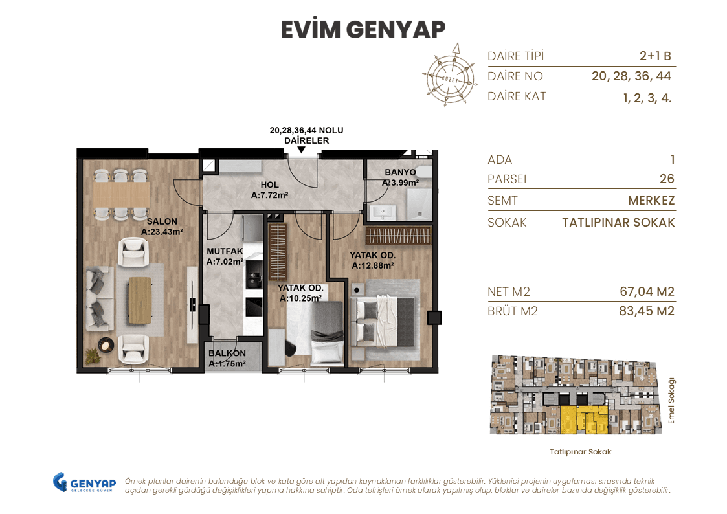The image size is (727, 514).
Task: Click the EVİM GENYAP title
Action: (x=363, y=30)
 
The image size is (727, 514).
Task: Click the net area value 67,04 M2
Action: (x=647, y=291)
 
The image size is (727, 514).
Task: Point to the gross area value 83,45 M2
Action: (x=647, y=311)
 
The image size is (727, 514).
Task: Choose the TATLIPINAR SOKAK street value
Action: (x=618, y=223)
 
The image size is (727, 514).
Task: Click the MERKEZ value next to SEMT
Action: (x=651, y=201)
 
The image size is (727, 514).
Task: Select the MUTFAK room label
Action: (x=224, y=251)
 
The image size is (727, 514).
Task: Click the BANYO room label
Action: (x=400, y=172)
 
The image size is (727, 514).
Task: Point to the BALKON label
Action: (x=227, y=353)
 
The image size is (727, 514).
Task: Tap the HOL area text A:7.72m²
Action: (x=269, y=194)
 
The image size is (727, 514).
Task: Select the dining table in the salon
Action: (x=121, y=193)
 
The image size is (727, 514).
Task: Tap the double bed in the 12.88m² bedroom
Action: (x=385, y=319)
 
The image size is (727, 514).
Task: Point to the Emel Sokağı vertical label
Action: (x=671, y=401)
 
